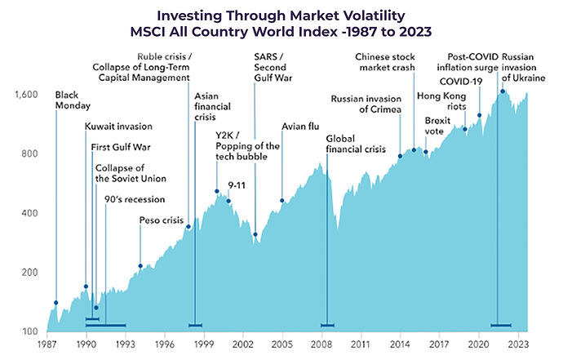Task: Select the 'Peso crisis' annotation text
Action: tap(160, 220)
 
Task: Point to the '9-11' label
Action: tap(237, 185)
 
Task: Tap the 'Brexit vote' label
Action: tap(441, 126)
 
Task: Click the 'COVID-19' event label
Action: tap(461, 82)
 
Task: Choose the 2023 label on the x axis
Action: tap(517, 346)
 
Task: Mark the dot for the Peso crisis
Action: tap(140, 265)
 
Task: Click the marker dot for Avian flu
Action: tap(282, 200)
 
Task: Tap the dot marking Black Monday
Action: tap(56, 303)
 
